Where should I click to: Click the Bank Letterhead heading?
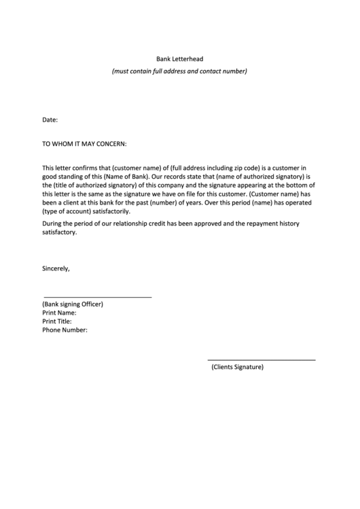point(180,59)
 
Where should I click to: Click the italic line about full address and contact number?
point(180,71)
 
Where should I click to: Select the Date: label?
point(50,120)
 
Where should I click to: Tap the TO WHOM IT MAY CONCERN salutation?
point(85,143)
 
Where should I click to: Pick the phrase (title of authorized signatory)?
point(94,185)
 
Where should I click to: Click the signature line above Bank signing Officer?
point(97,297)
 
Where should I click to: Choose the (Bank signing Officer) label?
point(73,304)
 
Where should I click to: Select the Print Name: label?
point(64,313)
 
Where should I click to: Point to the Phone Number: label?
point(65,330)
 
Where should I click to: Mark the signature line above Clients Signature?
point(261,359)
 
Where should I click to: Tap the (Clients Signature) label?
point(237,367)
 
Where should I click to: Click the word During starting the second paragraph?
point(54,224)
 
